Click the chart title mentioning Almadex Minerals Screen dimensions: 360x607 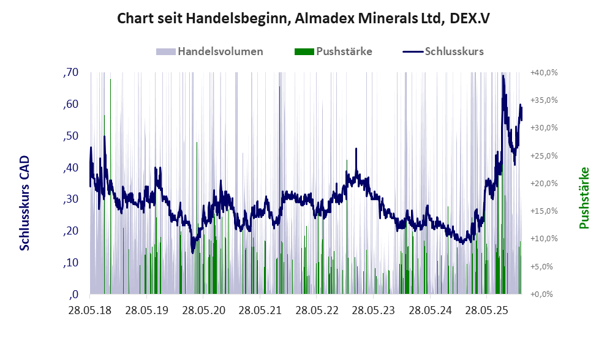point(303,19)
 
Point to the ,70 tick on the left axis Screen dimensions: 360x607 point(71,72)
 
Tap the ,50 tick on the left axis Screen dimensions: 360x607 point(71,135)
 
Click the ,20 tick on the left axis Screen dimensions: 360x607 point(71,231)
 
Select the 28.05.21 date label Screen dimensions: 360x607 point(262,310)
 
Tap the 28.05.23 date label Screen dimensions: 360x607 point(376,310)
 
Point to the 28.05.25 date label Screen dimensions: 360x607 point(490,310)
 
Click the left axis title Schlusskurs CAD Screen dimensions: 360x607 point(25,203)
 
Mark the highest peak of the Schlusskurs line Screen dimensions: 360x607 point(503,75)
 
